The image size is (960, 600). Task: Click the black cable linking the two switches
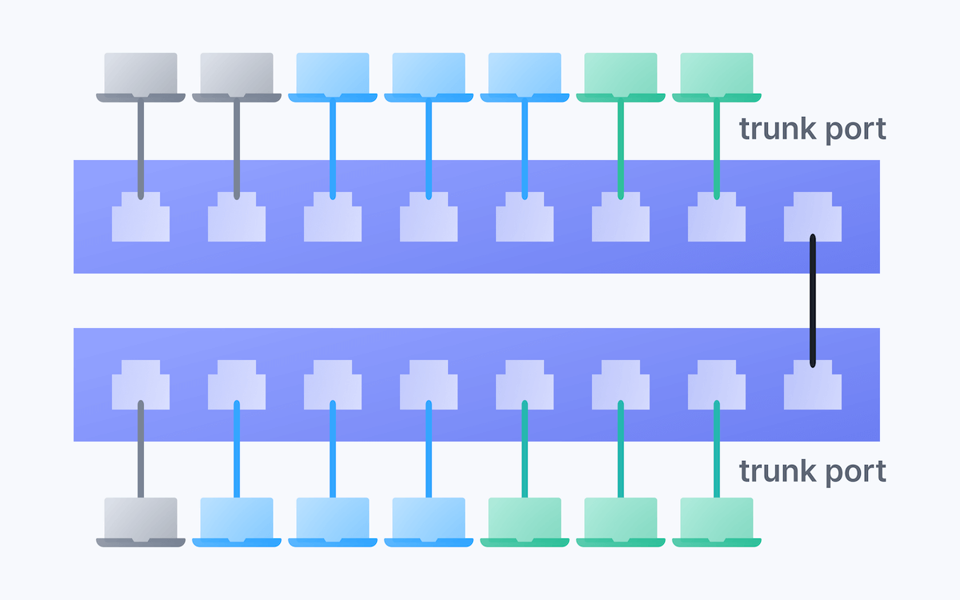click(x=813, y=300)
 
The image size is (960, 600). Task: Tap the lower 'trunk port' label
click(x=812, y=471)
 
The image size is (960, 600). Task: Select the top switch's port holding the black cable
click(x=813, y=218)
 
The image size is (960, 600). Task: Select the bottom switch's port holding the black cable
click(x=813, y=385)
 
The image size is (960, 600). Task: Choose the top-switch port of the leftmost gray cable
click(x=141, y=218)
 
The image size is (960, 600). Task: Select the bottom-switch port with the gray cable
click(x=141, y=385)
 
